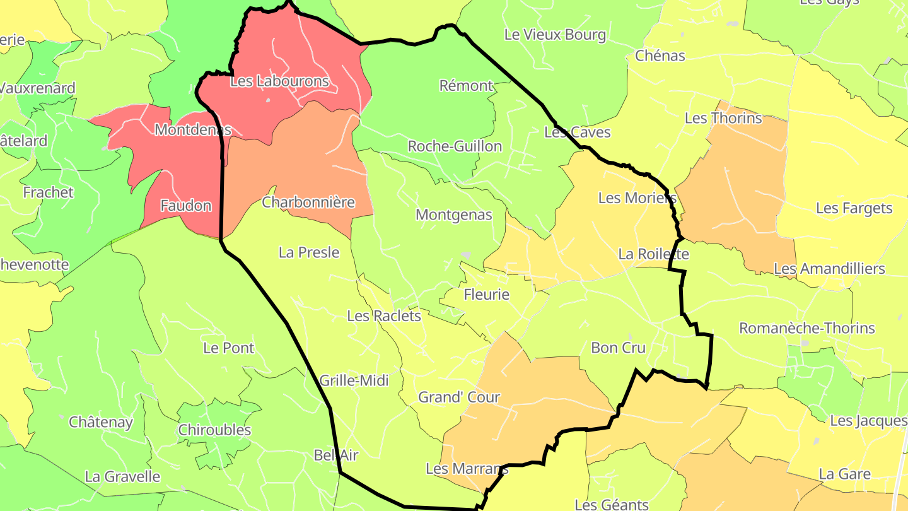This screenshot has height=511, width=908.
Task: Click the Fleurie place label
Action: pos(486,295)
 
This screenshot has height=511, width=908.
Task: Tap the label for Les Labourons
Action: pos(279,81)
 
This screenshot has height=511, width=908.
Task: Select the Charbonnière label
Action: pos(308,203)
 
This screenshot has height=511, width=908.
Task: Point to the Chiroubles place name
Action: pos(214,430)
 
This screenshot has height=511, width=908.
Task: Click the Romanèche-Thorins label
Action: pos(806,328)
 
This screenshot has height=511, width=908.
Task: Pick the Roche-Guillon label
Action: pos(455,146)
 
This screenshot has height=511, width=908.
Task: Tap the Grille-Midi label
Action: pos(354,380)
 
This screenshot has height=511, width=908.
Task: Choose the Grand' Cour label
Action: pos(459,397)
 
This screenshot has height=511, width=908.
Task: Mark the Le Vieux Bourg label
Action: pos(555,35)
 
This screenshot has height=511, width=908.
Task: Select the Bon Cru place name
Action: pos(618,348)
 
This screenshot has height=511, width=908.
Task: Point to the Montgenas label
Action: pos(453,214)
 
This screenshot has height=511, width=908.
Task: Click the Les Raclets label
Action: pos(383,315)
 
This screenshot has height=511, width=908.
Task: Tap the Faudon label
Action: pos(185,206)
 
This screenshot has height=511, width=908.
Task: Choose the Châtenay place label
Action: pos(101,422)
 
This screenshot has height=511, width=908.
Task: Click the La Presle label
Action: pos(309,252)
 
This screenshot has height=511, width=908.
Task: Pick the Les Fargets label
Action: pos(854,208)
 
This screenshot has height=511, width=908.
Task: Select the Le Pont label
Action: pos(228,348)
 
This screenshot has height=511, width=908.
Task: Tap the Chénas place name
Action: pos(660,56)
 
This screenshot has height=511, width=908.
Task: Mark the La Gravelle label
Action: pos(122,476)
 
